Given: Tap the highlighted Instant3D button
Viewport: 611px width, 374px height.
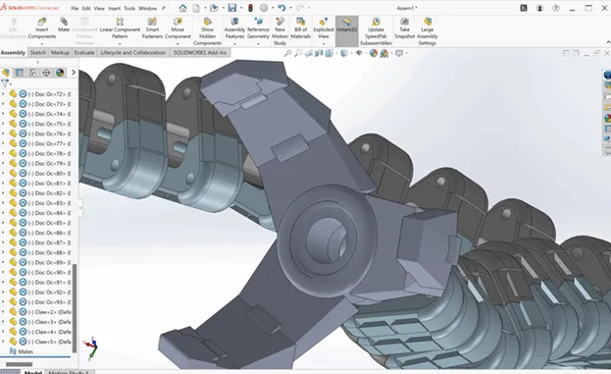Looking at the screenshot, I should (x=347, y=27).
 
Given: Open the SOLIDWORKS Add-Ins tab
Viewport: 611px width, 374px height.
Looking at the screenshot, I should (x=201, y=53).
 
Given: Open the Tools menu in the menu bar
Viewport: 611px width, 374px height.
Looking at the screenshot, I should (x=128, y=8).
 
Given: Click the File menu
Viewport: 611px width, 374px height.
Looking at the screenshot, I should (x=76, y=8).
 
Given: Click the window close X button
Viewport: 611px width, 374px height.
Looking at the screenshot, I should (x=600, y=8).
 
